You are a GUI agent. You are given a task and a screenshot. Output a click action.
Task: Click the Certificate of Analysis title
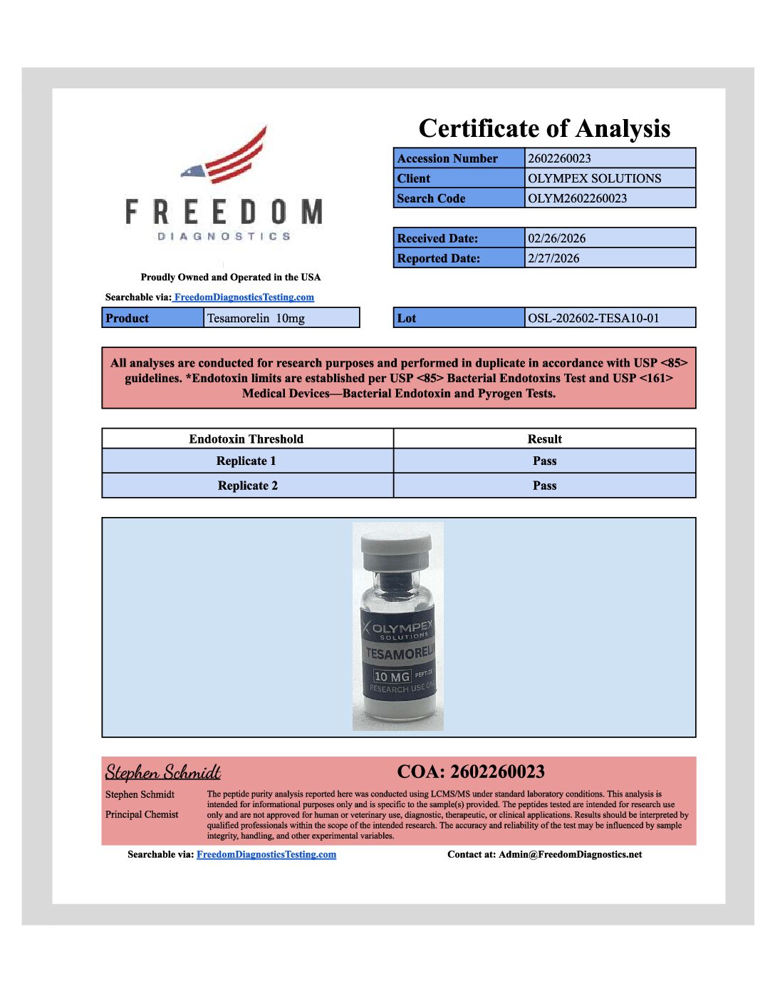(x=544, y=128)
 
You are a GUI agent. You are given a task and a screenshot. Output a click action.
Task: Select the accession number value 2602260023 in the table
(x=559, y=158)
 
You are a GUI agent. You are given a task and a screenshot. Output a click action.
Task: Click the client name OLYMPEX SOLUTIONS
(x=594, y=178)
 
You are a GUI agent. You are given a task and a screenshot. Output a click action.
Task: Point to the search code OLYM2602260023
(x=577, y=198)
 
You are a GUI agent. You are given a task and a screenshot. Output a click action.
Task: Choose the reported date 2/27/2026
(x=553, y=258)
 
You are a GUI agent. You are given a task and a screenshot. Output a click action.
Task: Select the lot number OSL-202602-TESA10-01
(x=593, y=318)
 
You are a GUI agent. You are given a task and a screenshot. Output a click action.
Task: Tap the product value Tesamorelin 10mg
(x=256, y=318)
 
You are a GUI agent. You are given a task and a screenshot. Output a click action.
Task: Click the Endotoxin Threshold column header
(x=246, y=439)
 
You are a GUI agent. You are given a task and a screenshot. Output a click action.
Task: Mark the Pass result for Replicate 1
(x=544, y=461)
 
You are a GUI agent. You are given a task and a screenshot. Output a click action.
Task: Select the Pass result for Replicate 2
(x=544, y=486)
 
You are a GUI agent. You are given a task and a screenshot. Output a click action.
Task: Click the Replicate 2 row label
(x=248, y=486)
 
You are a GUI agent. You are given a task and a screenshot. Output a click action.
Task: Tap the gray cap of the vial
(x=397, y=545)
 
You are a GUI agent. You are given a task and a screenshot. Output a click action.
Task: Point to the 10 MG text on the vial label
(x=392, y=677)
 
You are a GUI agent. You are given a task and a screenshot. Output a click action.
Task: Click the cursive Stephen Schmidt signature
(x=163, y=772)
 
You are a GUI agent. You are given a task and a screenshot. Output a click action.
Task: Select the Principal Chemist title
(x=142, y=814)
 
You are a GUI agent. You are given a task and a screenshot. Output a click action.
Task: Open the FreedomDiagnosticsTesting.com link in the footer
(x=266, y=854)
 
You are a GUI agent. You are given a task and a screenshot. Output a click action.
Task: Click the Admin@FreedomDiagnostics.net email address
(x=570, y=854)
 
